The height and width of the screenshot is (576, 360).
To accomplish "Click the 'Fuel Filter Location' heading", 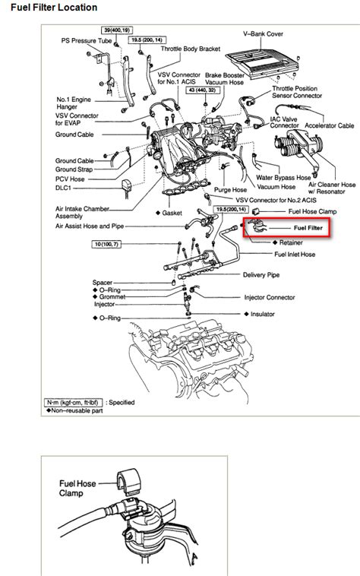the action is tap(54, 8).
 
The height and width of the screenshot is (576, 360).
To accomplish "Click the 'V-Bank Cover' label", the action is tap(263, 33).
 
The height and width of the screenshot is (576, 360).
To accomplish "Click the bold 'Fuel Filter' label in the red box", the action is tap(308, 228).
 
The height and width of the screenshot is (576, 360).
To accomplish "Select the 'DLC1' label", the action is tap(63, 188).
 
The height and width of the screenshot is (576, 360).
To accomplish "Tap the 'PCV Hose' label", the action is tap(70, 179).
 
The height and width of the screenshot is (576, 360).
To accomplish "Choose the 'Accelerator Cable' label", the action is tap(329, 125).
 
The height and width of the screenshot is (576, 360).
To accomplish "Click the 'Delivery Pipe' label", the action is tap(261, 275).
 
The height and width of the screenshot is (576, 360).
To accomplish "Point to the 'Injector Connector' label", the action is tap(270, 298).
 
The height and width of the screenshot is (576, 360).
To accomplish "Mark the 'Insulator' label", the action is tap(262, 314).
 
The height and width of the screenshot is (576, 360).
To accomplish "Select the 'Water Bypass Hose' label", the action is tap(283, 178).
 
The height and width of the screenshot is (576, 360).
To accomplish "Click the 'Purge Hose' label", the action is tap(230, 190).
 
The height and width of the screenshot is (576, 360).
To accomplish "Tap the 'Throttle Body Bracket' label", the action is tap(191, 49).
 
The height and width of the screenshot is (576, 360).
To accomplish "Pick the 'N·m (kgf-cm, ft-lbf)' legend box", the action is tap(73, 402).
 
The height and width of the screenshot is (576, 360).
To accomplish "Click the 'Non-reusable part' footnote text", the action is tap(77, 410).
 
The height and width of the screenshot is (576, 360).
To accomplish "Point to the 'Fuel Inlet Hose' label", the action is tap(295, 255).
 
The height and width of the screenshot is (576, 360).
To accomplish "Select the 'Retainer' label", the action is tap(291, 242).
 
